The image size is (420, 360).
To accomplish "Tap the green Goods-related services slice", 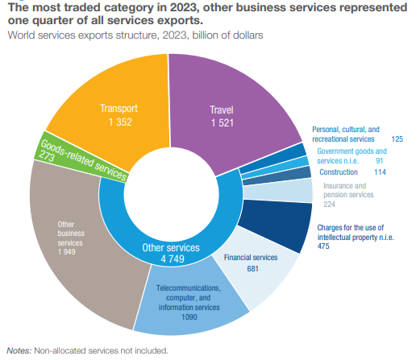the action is point(81,159).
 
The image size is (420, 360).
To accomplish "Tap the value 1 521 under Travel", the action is point(222,123).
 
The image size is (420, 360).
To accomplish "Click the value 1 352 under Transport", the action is point(120,122).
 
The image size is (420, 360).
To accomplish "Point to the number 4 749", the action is point(173,259).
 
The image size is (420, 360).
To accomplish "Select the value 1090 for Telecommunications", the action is point(189,317).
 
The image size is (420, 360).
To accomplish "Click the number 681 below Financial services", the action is point(253,269).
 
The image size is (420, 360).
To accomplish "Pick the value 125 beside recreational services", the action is point(397,139).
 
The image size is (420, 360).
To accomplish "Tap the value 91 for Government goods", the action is point(380,161).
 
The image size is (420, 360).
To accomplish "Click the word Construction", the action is point(339,172).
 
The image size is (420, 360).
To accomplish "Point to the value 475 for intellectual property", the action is point(323,246).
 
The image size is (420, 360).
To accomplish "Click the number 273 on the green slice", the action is point(47,156).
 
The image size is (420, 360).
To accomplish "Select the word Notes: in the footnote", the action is point(19,350).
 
